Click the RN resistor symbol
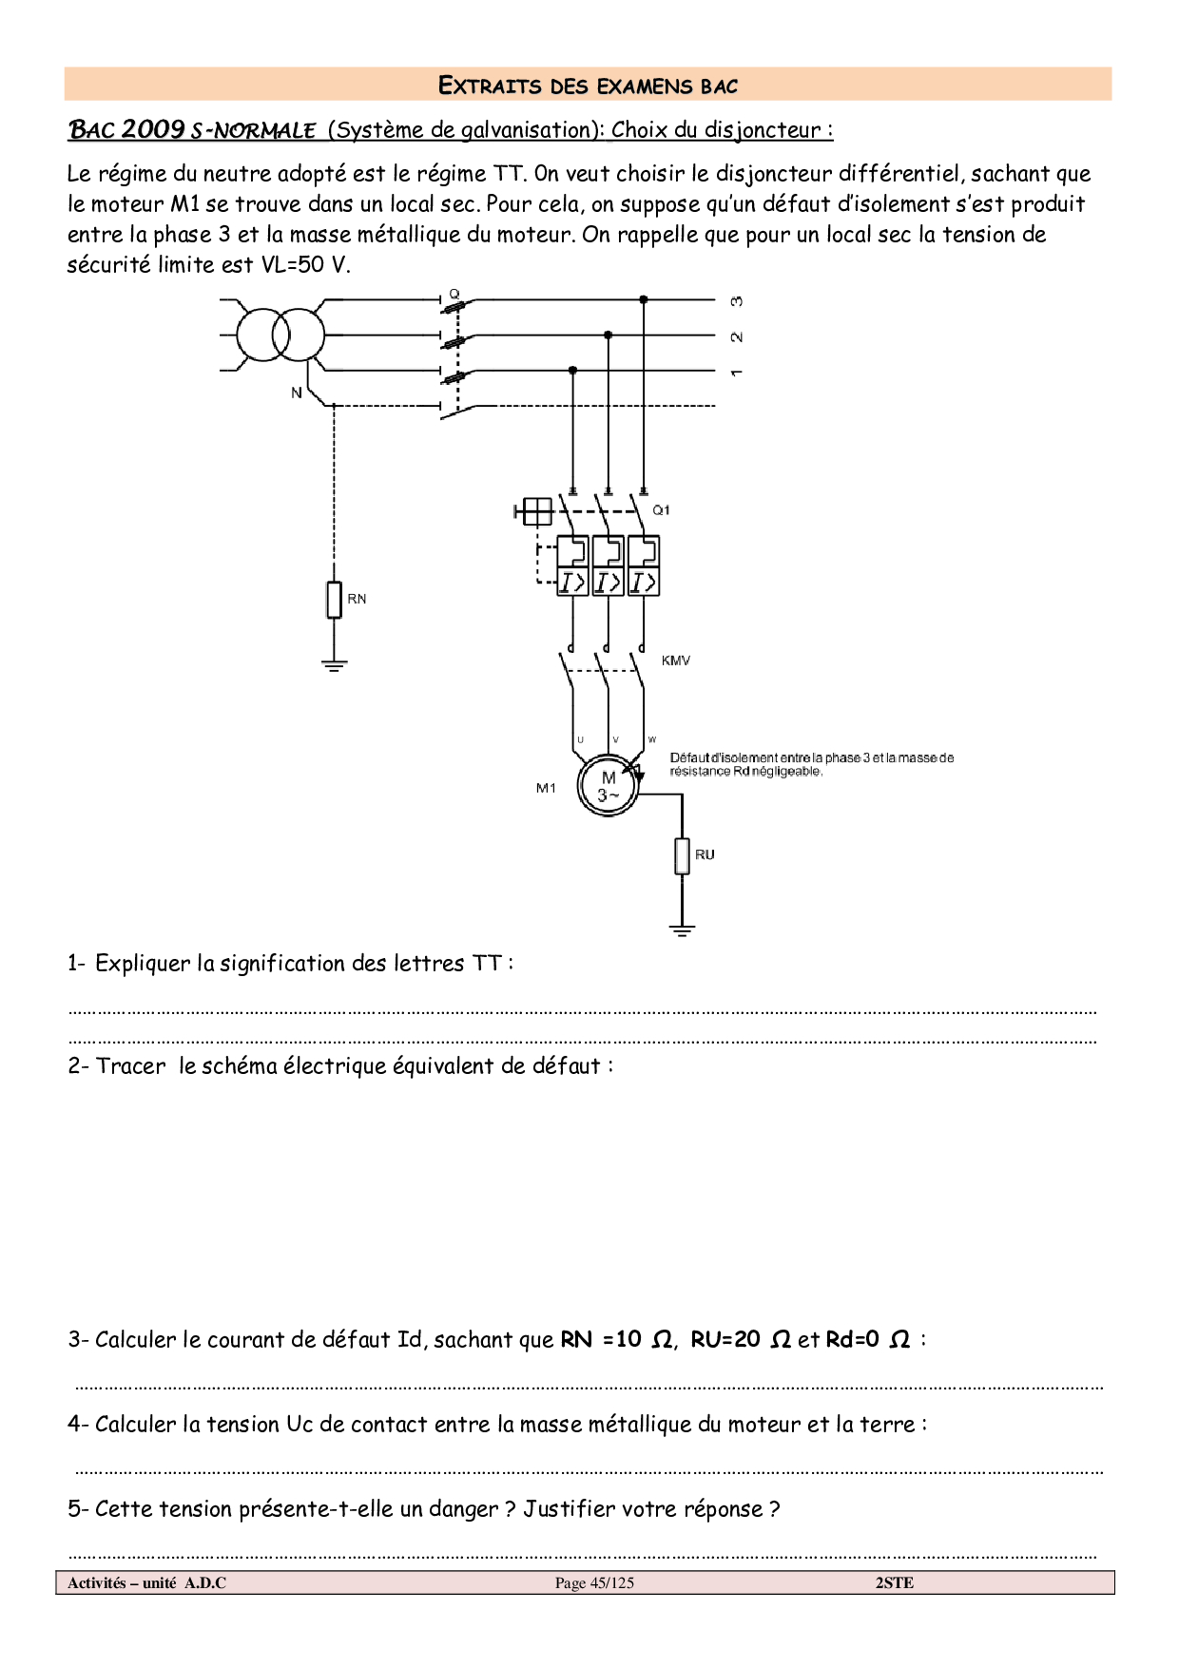[334, 600]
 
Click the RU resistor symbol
[682, 855]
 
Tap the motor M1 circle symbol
[609, 786]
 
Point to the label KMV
[676, 661]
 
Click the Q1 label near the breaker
[661, 510]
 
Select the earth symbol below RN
[334, 664]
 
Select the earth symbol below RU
[682, 930]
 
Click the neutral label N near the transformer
[297, 393]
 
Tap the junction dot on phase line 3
[644, 299]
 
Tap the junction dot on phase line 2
[609, 335]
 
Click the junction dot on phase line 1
[572, 370]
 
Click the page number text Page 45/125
[594, 1582]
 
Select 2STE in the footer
[894, 1582]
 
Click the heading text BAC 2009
[126, 129]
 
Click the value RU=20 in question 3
[725, 1340]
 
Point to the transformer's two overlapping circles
[280, 335]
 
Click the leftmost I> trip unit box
[572, 582]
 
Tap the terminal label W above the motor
[652, 739]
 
